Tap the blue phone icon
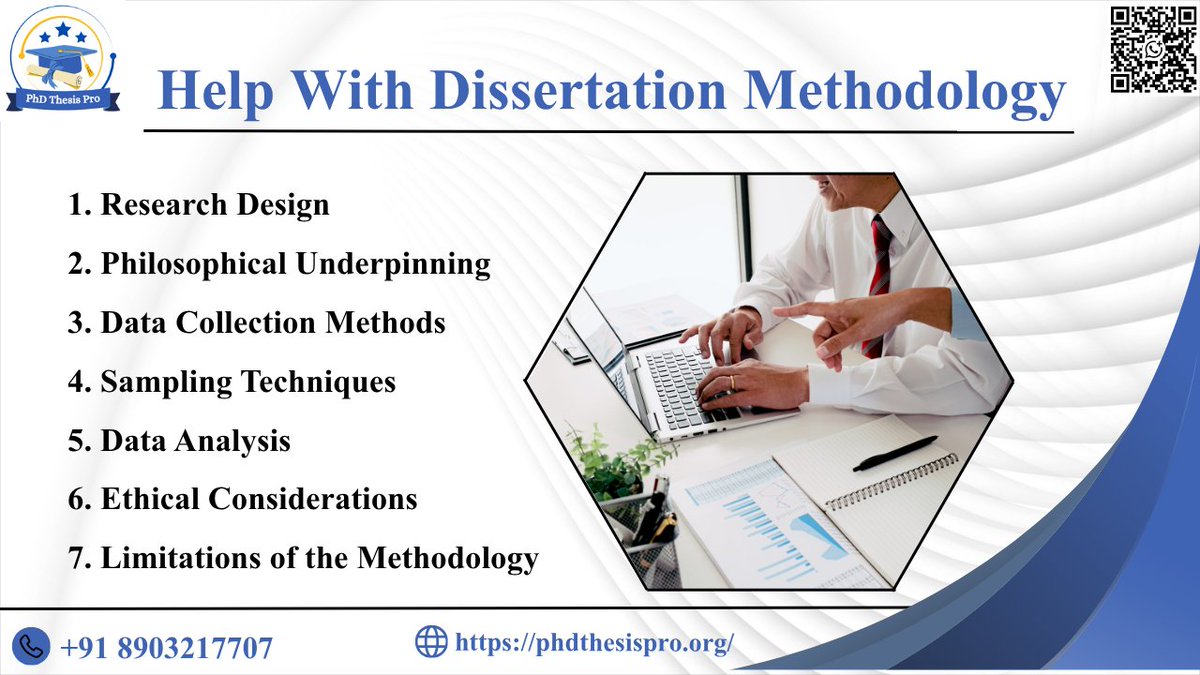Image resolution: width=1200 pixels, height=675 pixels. tap(33, 643)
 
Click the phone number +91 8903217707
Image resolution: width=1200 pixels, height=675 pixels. tap(166, 647)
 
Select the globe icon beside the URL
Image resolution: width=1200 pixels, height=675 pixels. tap(431, 641)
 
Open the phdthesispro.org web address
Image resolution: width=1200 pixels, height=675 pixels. tap(594, 642)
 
